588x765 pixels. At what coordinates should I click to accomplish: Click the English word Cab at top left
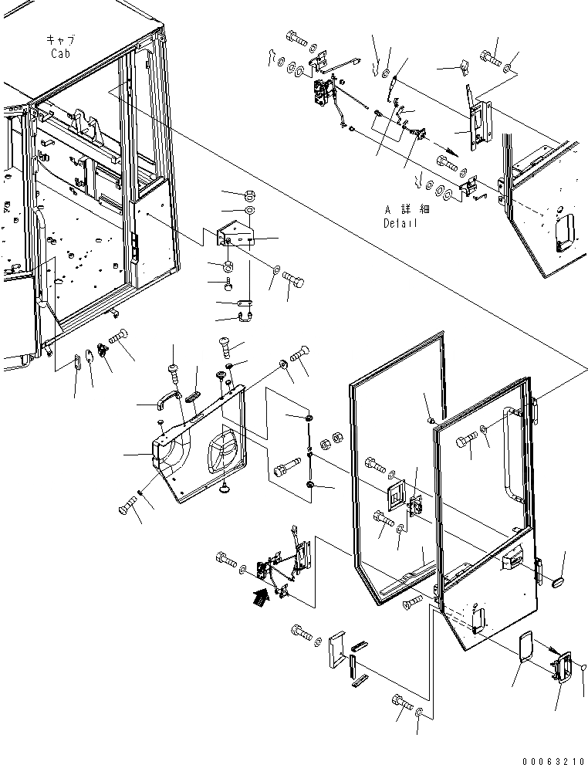tap(61, 53)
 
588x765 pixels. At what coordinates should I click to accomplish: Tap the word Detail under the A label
tap(400, 223)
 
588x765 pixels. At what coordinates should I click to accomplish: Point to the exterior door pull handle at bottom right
tap(563, 665)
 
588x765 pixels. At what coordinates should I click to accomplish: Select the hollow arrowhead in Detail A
tap(449, 151)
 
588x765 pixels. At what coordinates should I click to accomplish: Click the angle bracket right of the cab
tap(235, 234)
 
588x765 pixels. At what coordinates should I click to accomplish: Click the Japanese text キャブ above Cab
tap(60, 39)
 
